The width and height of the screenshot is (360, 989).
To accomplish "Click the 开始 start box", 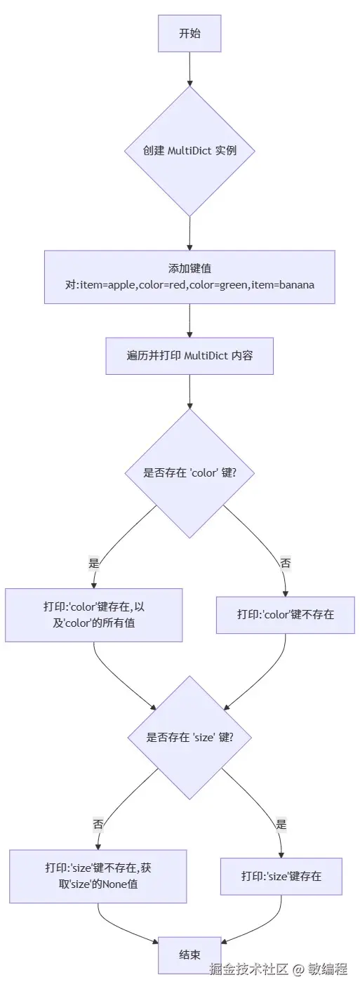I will click(189, 33).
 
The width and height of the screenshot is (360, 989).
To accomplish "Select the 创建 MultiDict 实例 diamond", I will click(189, 151).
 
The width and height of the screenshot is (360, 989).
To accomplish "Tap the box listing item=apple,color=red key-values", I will click(189, 277).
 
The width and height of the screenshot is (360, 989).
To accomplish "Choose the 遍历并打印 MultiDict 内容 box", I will click(189, 356).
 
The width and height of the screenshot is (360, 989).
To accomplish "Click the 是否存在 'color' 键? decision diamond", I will click(189, 472).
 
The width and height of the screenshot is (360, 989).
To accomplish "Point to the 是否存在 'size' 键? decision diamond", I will click(189, 737).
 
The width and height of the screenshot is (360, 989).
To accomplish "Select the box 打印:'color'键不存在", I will click(285, 614).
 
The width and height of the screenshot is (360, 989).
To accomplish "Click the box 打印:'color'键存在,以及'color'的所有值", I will click(94, 615).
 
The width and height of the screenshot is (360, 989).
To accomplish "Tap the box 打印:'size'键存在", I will click(281, 876).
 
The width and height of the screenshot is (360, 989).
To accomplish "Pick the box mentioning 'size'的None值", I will click(98, 876).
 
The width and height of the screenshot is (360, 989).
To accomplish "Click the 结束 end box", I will click(189, 955).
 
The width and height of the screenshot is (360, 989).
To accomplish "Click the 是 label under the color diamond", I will click(94, 563).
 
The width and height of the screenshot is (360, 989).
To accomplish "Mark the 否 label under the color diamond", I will click(285, 563).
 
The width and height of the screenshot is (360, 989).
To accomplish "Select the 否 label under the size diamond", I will click(98, 824).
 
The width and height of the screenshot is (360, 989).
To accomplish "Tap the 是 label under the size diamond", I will click(281, 825).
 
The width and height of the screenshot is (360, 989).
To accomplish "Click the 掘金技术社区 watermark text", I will click(249, 969).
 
